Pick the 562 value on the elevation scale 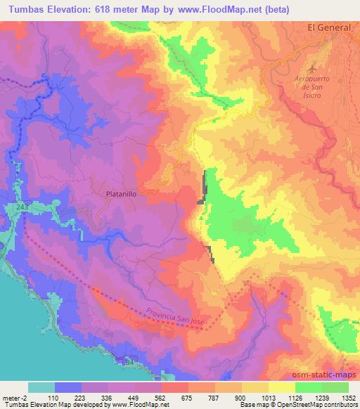[x=162, y=398]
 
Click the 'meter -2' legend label [x=16, y=398]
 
